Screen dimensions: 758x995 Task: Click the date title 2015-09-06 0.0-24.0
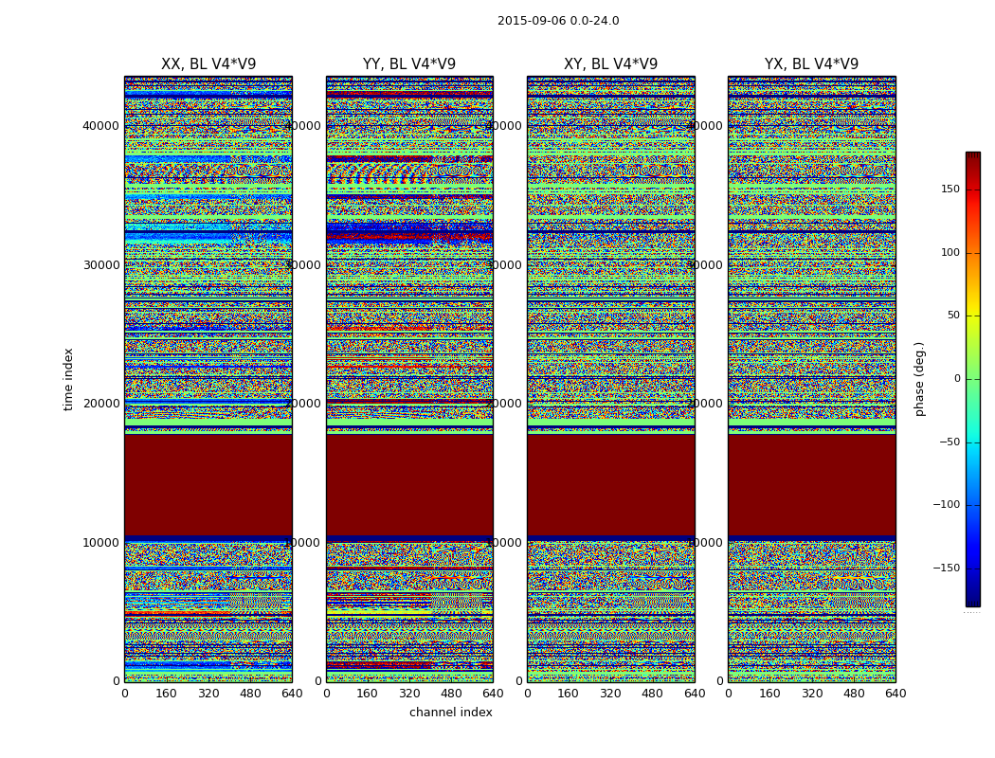pyautogui.click(x=558, y=21)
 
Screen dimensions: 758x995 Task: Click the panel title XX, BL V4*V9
pyautogui.click(x=208, y=64)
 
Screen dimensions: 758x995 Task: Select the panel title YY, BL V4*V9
pyautogui.click(x=409, y=64)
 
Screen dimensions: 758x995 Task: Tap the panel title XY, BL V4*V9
pyautogui.click(x=610, y=64)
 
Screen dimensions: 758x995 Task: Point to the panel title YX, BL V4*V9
pyautogui.click(x=811, y=64)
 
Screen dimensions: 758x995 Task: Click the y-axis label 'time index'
pyautogui.click(x=68, y=378)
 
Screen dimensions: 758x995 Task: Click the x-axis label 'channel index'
pyautogui.click(x=451, y=713)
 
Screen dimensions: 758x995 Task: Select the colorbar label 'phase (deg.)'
pyautogui.click(x=919, y=379)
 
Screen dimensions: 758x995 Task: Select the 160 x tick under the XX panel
pyautogui.click(x=167, y=694)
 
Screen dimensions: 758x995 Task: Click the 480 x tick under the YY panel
pyautogui.click(x=451, y=694)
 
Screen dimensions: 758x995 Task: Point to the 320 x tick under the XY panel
pyautogui.click(x=610, y=694)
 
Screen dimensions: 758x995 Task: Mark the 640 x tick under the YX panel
pyautogui.click(x=895, y=694)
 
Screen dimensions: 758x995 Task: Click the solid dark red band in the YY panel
pyautogui.click(x=409, y=485)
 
